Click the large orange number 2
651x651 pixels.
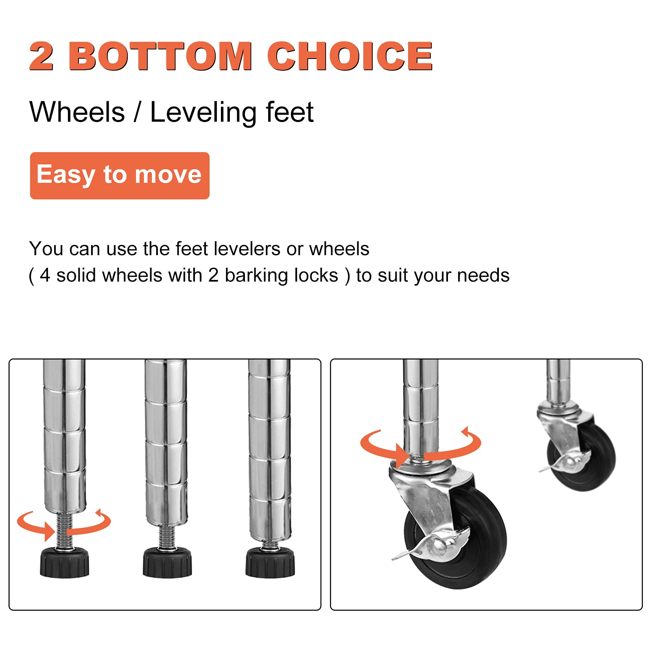[x=42, y=56]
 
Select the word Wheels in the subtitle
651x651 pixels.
[x=77, y=112]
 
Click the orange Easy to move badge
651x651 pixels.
[x=120, y=176]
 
